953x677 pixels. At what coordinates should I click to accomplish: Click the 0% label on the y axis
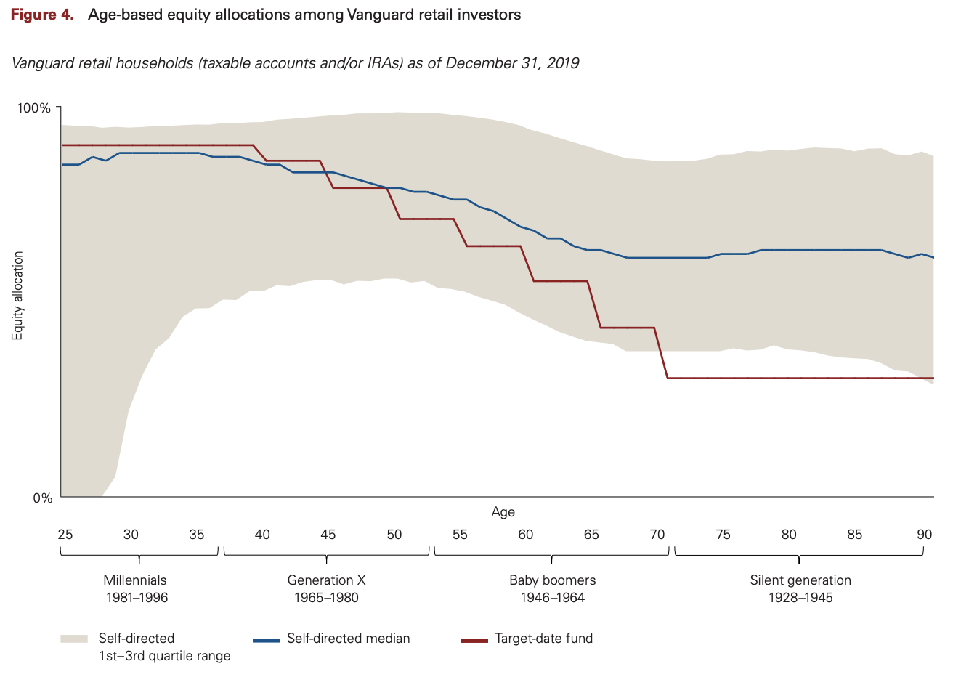pyautogui.click(x=42, y=498)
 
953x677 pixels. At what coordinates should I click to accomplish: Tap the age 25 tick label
pyautogui.click(x=65, y=535)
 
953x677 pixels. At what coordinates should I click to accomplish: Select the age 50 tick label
pyautogui.click(x=394, y=535)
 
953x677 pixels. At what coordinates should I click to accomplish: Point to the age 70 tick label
pyautogui.click(x=657, y=535)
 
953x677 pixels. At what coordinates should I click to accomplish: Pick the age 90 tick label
pyautogui.click(x=924, y=535)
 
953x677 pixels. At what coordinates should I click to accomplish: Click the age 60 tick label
pyautogui.click(x=525, y=535)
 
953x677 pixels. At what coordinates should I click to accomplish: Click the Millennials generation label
pyautogui.click(x=135, y=580)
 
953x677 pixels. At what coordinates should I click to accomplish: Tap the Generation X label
pyautogui.click(x=326, y=580)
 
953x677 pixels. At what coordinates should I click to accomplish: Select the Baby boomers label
pyautogui.click(x=552, y=580)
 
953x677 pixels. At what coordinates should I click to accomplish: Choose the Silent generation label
pyautogui.click(x=800, y=580)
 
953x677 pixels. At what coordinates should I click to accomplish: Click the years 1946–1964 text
pyautogui.click(x=552, y=598)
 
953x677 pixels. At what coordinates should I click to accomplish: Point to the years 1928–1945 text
pyautogui.click(x=800, y=598)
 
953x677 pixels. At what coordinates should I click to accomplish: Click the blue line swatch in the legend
pyautogui.click(x=266, y=640)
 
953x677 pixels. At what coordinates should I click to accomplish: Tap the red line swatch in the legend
pyautogui.click(x=474, y=640)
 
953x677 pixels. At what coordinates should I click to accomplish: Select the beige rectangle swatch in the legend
pyautogui.click(x=74, y=639)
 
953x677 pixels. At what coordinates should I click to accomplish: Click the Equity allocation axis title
pyautogui.click(x=18, y=296)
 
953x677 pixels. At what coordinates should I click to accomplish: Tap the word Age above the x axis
pyautogui.click(x=503, y=512)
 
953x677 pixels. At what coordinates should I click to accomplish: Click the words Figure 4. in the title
pyautogui.click(x=42, y=15)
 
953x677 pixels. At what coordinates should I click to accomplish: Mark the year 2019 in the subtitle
pyautogui.click(x=562, y=63)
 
